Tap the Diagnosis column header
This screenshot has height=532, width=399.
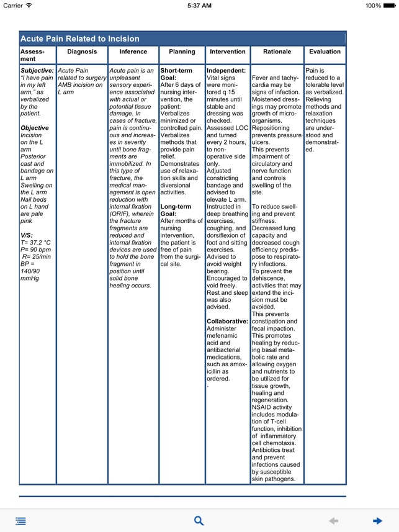(x=82, y=52)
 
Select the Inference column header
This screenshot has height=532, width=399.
(x=133, y=52)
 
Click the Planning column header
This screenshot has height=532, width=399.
(x=182, y=52)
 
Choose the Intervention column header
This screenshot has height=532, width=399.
(x=228, y=52)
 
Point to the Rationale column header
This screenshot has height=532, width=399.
(x=277, y=52)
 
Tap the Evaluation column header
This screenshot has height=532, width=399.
(x=325, y=52)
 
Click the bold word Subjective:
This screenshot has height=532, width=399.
(x=37, y=71)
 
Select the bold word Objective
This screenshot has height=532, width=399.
(x=35, y=128)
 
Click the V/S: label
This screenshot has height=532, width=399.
(x=27, y=235)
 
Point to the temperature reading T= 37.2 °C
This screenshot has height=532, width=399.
(x=36, y=243)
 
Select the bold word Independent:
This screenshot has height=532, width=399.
(x=226, y=71)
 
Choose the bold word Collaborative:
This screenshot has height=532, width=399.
(x=227, y=322)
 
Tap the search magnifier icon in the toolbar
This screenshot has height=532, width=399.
(x=199, y=521)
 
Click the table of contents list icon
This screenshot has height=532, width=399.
(x=21, y=521)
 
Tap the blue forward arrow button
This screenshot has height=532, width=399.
(x=377, y=521)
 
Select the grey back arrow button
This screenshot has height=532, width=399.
(x=333, y=521)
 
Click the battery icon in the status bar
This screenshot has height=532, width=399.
(x=391, y=6)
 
